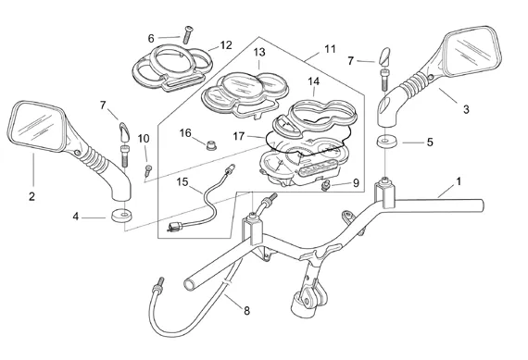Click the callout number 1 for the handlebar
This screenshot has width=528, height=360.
[x=458, y=182]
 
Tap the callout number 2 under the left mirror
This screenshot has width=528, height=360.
[x=32, y=196]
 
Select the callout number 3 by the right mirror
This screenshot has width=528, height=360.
[x=466, y=109]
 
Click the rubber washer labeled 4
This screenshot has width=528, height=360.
[x=121, y=216]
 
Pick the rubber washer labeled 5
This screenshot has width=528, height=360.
[x=386, y=142]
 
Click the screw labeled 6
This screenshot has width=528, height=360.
[x=187, y=34]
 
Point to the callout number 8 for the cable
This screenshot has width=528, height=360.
[x=246, y=311]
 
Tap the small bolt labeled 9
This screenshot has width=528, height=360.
[x=325, y=185]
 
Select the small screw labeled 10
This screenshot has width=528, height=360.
[x=147, y=170]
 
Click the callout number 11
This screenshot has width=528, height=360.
[x=330, y=49]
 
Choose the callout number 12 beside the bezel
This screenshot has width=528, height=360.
[x=226, y=45]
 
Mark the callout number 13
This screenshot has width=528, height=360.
[x=259, y=52]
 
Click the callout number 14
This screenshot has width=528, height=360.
[x=313, y=81]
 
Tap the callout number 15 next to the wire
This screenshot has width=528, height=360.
[x=182, y=182]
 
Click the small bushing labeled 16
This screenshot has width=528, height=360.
[x=211, y=146]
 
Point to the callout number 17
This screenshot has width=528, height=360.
[x=238, y=136]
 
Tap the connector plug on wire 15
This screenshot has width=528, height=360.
[x=175, y=227]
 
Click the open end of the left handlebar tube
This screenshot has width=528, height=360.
[x=190, y=284]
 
